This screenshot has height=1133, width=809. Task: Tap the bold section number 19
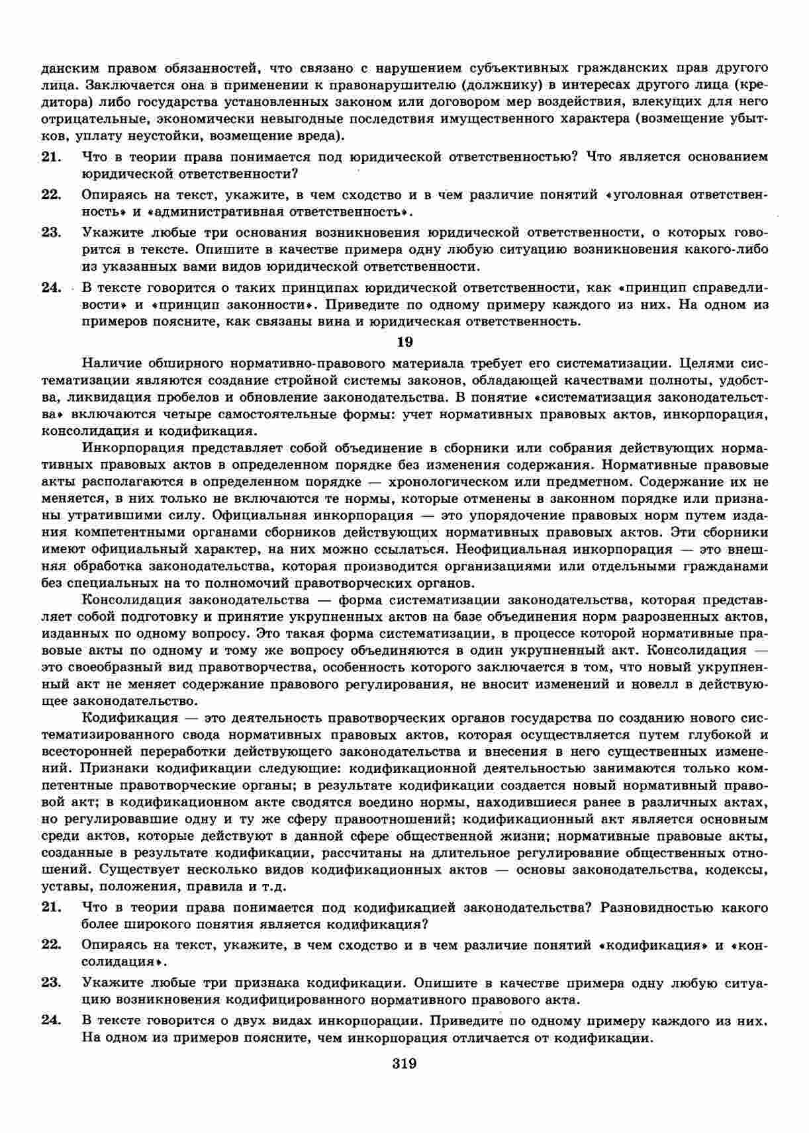point(404,342)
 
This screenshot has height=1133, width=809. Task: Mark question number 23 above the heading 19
point(51,232)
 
